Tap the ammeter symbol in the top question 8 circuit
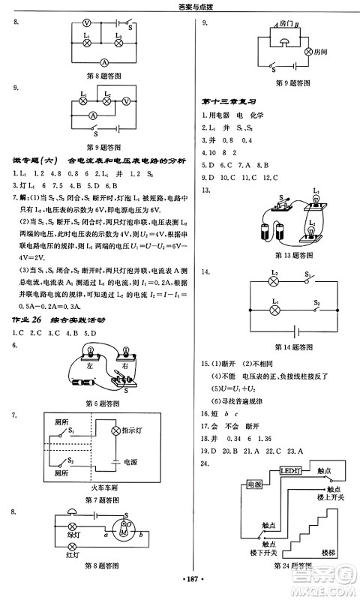click(x=106, y=61)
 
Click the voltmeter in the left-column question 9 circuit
click(x=126, y=100)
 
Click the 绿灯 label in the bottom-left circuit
click(x=74, y=535)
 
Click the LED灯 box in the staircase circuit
click(x=289, y=471)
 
